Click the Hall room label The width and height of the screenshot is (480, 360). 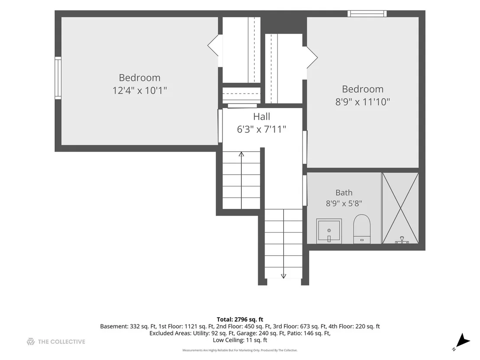(261, 117)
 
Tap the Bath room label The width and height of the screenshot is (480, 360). (344, 192)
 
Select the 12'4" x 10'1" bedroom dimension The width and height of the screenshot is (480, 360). (139, 91)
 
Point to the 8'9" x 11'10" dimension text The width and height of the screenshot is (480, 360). (363, 102)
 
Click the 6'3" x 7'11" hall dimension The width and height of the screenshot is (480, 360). (261, 129)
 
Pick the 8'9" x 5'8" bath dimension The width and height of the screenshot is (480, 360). (344, 203)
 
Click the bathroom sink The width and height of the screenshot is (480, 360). (329, 231)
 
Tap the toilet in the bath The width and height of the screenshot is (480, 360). (362, 229)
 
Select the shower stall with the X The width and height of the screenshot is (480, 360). (400, 208)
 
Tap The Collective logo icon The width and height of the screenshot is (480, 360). (31, 342)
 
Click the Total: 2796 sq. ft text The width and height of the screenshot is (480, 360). (240, 320)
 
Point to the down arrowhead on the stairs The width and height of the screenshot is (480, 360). (283, 276)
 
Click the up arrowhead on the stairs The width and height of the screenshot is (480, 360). (242, 154)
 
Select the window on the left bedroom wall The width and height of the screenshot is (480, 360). (58, 78)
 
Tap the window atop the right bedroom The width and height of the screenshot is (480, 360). (367, 14)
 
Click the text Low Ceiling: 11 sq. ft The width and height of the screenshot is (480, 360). (240, 340)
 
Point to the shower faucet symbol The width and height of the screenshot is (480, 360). (402, 240)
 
